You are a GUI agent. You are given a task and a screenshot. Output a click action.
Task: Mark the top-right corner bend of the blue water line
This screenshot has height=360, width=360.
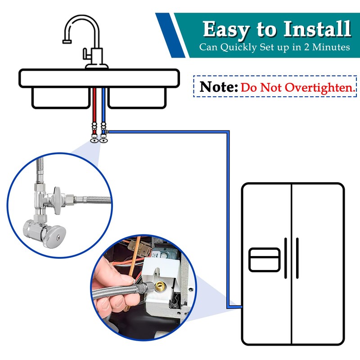[228, 132]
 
